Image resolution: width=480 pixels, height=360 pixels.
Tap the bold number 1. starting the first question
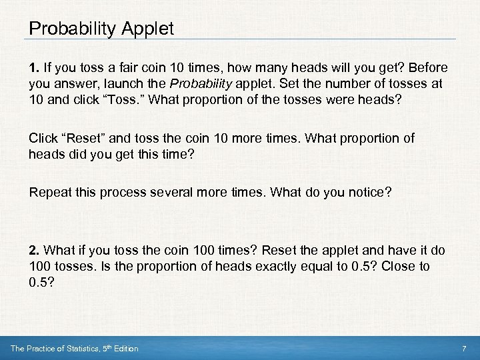(x=33, y=69)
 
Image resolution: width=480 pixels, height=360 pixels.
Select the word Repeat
(x=49, y=193)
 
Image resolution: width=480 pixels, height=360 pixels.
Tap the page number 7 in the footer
(x=463, y=349)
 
